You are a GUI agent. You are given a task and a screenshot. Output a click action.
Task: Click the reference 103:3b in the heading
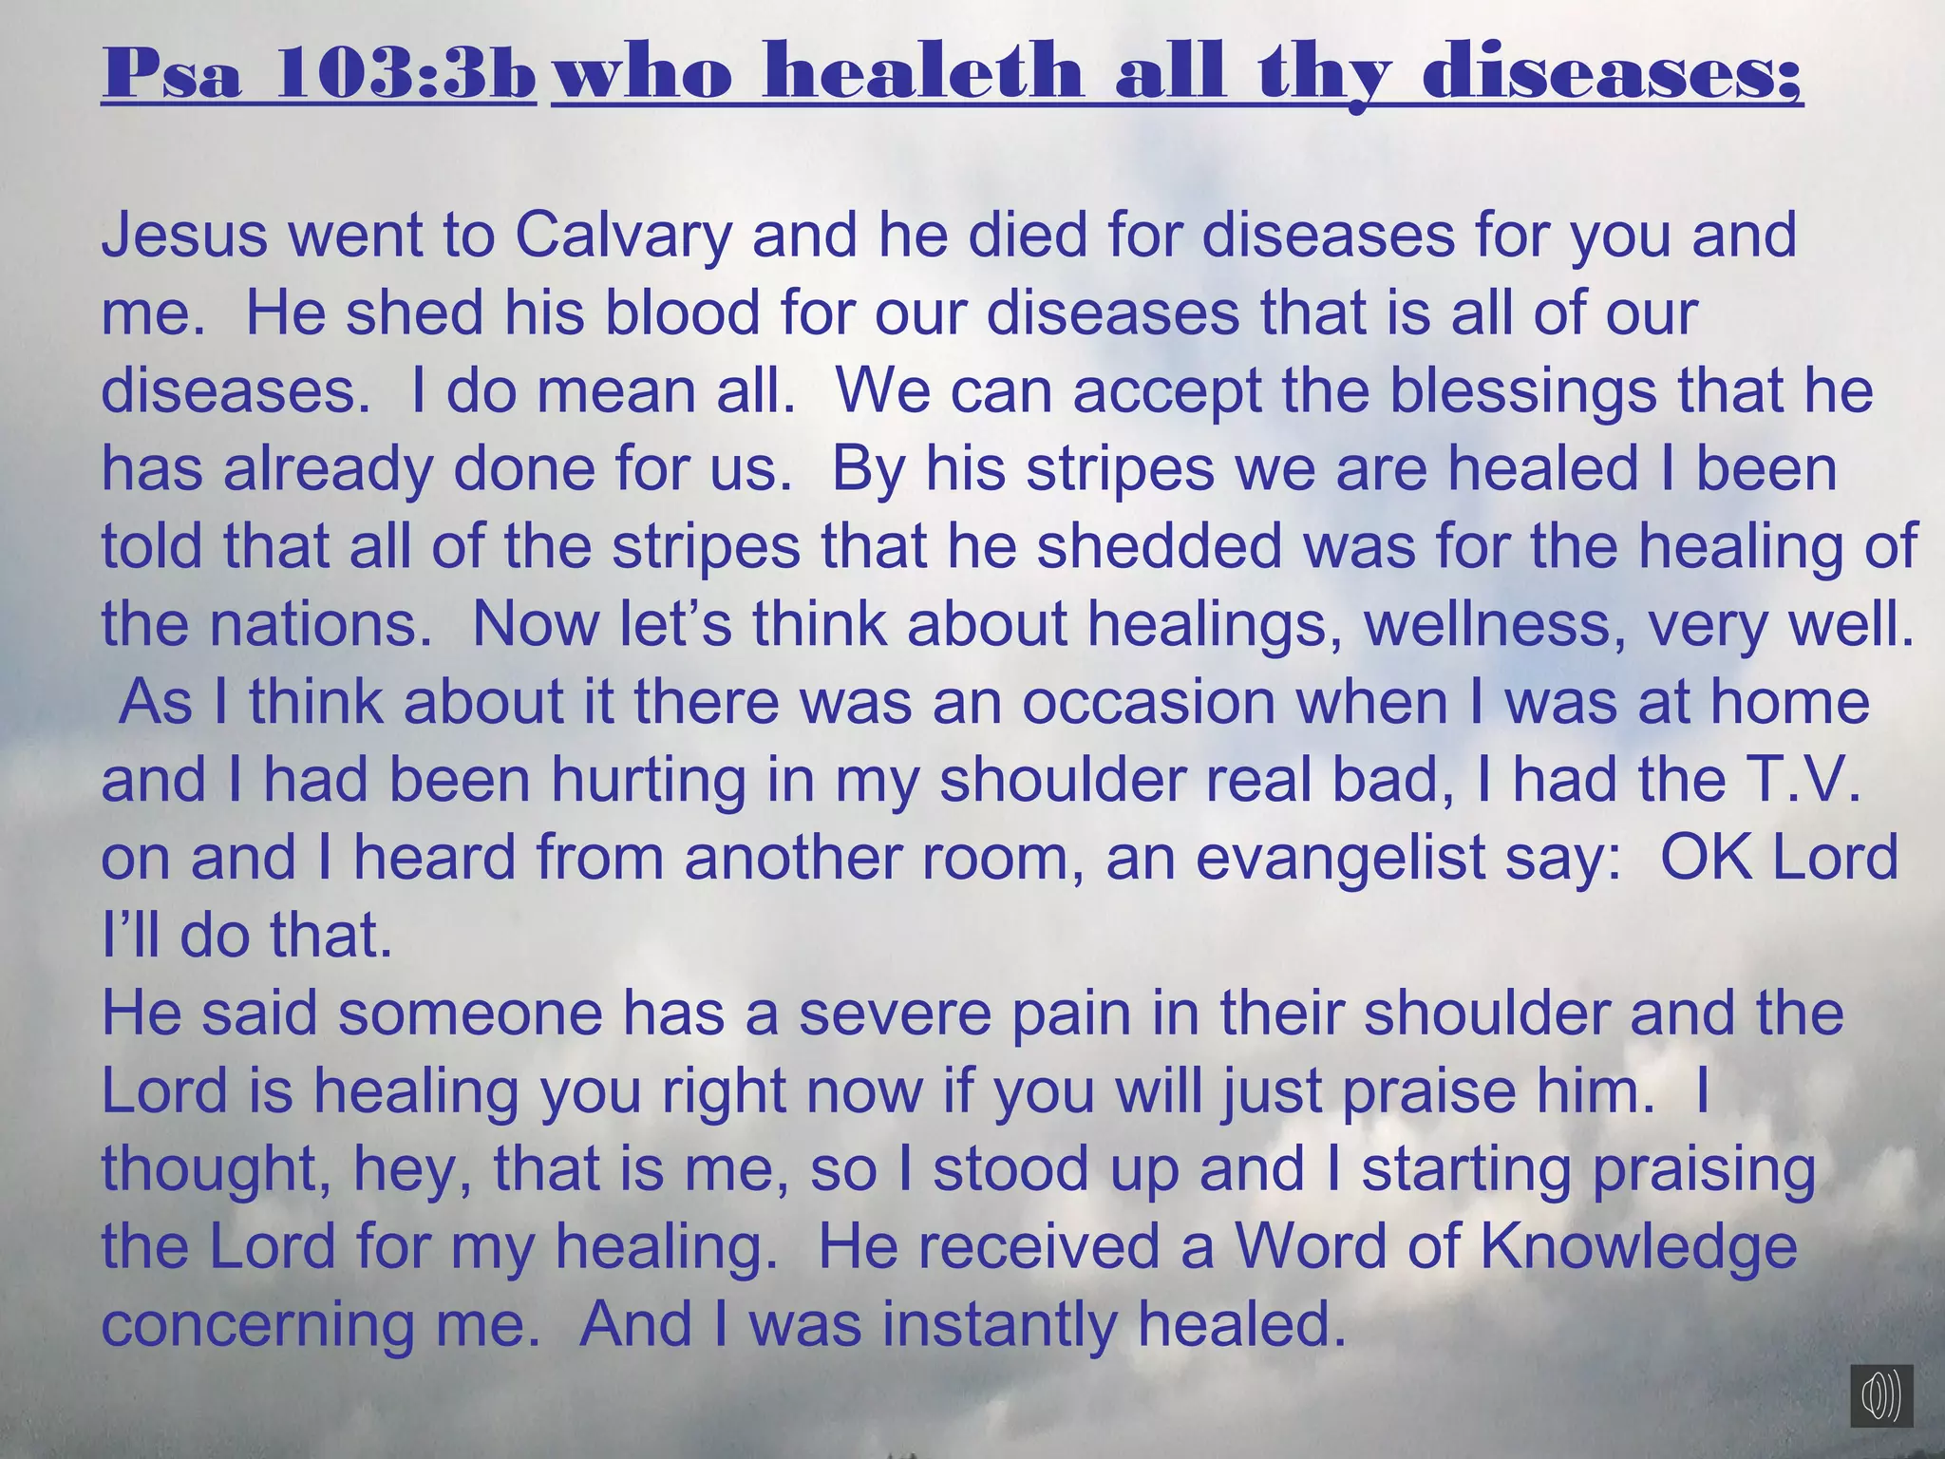[x=406, y=72]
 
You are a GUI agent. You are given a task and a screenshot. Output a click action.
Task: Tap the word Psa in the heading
[x=172, y=72]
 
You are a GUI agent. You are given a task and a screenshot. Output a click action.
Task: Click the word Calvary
[x=624, y=237]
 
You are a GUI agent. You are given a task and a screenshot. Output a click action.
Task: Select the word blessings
[x=1522, y=391]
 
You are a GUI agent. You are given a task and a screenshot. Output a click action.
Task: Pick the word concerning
[x=258, y=1326]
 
